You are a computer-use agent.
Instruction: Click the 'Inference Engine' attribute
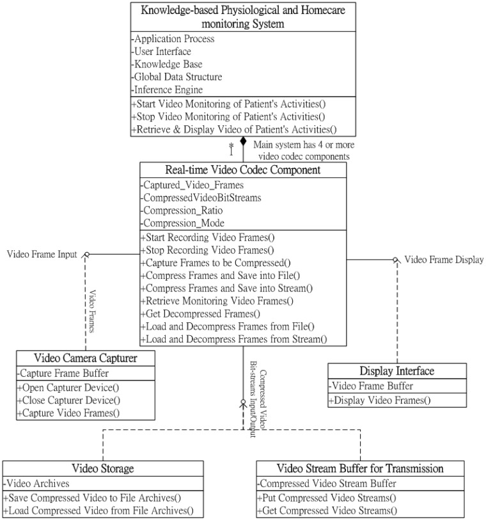click(x=169, y=90)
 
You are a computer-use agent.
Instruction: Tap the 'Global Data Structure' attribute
click(x=176, y=77)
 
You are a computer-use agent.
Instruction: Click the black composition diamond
click(x=243, y=141)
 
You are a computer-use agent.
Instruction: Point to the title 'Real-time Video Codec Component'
click(x=243, y=170)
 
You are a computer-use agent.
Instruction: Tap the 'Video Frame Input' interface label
click(x=42, y=254)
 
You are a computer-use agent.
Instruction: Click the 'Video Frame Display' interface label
click(x=444, y=259)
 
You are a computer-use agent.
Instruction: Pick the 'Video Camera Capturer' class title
click(x=86, y=358)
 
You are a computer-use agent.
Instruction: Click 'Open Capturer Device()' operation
click(x=70, y=388)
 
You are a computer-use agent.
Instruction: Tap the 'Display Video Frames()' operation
click(x=380, y=401)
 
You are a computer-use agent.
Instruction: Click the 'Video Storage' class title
click(x=103, y=469)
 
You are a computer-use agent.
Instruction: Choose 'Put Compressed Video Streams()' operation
click(x=327, y=498)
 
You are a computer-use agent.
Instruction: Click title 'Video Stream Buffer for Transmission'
click(x=360, y=469)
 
